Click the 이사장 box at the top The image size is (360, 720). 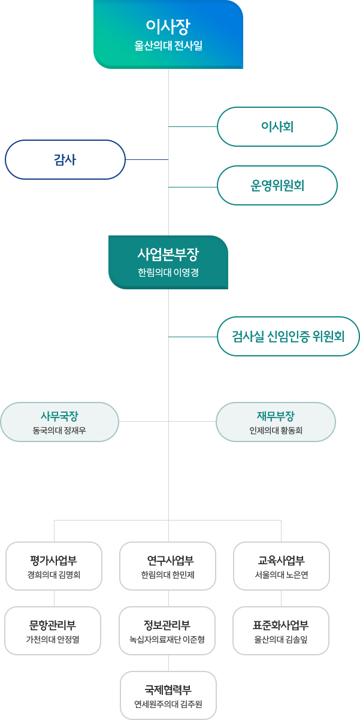[168, 34]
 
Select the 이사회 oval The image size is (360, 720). [277, 126]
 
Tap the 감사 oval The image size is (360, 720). [65, 159]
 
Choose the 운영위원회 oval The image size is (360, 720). [277, 186]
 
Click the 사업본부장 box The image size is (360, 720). [168, 262]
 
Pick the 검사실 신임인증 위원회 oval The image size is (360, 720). [288, 336]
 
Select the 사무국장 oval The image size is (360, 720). [59, 422]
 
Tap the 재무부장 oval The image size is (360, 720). [276, 422]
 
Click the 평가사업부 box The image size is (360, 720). [54, 566]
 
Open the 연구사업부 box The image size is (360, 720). [168, 566]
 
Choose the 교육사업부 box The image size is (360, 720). [282, 566]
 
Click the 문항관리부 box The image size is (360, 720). [53, 631]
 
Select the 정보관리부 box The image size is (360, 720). [167, 631]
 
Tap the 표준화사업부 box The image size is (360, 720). [281, 631]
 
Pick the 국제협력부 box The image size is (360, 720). [168, 695]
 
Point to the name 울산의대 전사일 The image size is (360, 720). [168, 46]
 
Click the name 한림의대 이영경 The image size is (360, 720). [168, 273]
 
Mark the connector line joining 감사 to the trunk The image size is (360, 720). [147, 159]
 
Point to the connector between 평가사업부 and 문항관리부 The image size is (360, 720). [54, 598]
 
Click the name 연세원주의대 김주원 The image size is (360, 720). [168, 704]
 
